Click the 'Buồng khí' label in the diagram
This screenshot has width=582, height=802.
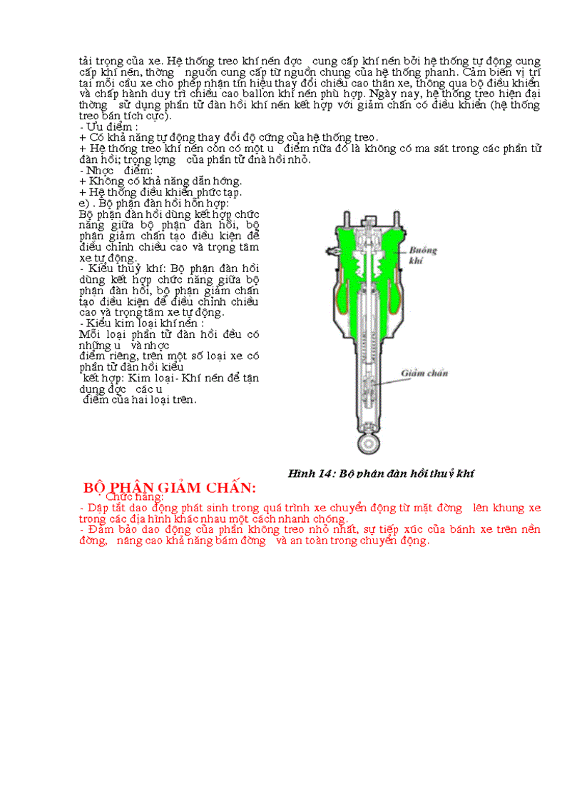coord(423,256)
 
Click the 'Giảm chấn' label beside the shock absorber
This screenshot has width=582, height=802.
coord(424,373)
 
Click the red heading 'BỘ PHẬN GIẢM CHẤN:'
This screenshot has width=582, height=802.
coord(169,488)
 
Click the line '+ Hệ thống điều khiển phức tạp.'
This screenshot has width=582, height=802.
coord(160,191)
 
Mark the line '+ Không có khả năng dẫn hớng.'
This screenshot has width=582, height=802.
coord(160,181)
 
